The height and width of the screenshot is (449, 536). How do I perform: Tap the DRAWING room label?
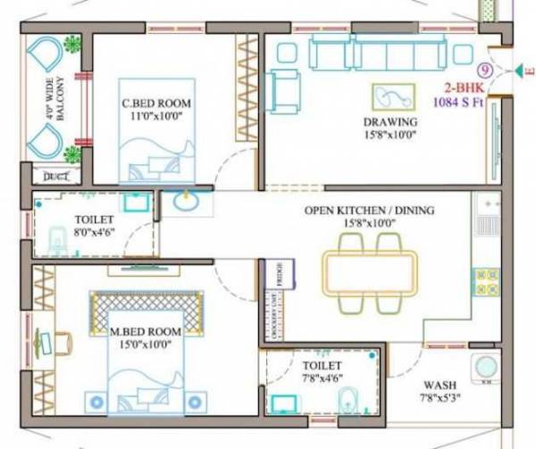pos(390,121)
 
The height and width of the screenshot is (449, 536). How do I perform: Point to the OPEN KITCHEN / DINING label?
pos(368,211)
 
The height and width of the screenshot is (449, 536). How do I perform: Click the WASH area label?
pos(440,386)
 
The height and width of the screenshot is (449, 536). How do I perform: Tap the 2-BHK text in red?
pos(465,89)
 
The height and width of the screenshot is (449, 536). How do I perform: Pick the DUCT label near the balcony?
pos(54,176)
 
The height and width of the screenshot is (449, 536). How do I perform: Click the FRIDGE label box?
pos(278,272)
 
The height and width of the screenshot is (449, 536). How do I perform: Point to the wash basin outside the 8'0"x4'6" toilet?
pos(186,203)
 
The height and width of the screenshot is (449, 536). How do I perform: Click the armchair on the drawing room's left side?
pos(286,89)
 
